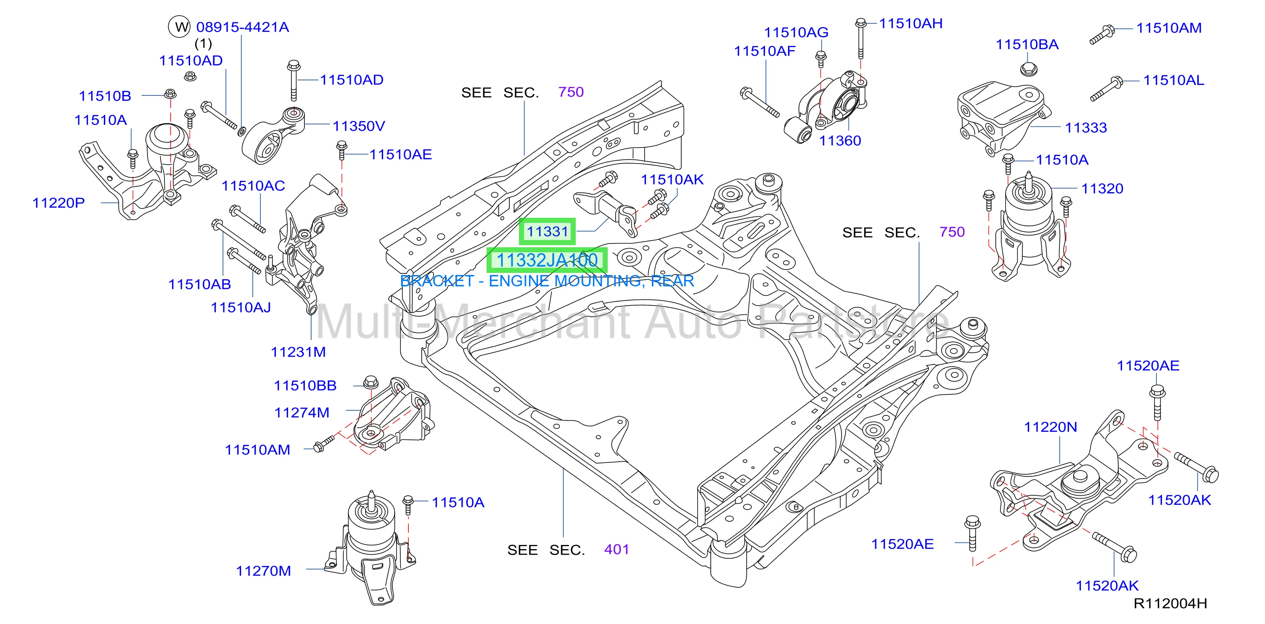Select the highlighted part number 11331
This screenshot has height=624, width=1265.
point(547,231)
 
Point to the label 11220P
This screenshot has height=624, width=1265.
point(58,203)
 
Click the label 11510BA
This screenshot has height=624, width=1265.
point(1027,45)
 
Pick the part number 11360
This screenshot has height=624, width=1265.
point(840,141)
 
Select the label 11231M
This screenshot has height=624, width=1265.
point(298,352)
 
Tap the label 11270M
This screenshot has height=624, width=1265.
point(263,571)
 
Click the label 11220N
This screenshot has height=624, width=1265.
point(1051,427)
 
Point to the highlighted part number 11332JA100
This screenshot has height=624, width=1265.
point(547,260)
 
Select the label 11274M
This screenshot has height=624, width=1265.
point(302,413)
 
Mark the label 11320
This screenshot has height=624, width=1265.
point(1102,188)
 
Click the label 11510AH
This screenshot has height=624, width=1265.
point(910,24)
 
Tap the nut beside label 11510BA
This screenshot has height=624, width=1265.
point(1027,68)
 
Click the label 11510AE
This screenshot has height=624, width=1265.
point(400,155)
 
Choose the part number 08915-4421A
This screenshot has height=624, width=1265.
point(243,27)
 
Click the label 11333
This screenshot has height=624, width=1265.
point(1086,128)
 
